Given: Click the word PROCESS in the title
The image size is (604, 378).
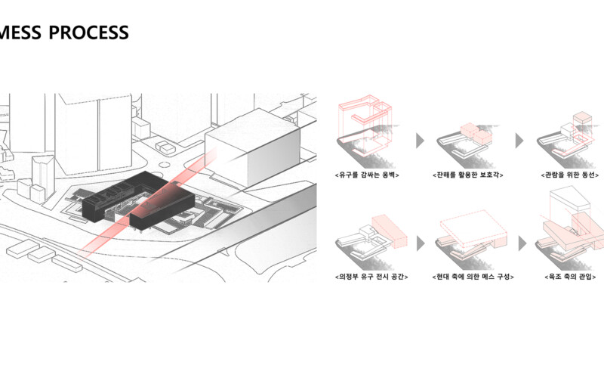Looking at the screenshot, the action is click(88, 33).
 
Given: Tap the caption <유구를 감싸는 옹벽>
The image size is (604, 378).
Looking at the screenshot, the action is click(367, 175).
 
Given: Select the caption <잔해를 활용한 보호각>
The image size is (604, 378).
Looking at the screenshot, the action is click(467, 175).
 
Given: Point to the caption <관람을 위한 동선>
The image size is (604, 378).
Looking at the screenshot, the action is click(570, 175).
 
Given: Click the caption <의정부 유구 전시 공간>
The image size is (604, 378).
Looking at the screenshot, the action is click(371, 277).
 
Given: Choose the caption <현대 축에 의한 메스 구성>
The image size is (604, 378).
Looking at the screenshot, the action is click(473, 277).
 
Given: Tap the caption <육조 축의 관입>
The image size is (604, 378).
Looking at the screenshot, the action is click(570, 277).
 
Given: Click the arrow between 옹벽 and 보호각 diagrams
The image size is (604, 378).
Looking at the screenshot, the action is click(420, 141).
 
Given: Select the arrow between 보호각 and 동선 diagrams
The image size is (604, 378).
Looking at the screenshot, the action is click(519, 141).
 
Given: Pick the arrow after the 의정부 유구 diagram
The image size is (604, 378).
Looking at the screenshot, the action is click(421, 243).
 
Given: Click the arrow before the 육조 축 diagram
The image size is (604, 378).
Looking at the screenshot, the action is click(522, 243).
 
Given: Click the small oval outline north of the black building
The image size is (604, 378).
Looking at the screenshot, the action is click(164, 165).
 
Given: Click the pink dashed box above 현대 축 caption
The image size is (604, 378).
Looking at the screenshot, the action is click(473, 228).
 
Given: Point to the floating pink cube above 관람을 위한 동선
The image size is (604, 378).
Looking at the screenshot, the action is click(582, 118).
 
